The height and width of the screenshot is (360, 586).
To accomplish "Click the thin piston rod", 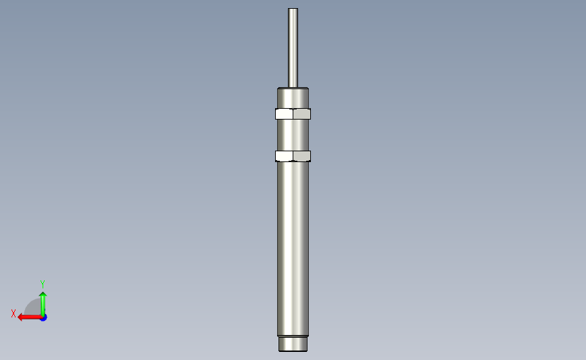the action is click(x=293, y=48).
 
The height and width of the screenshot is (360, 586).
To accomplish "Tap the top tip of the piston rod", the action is click(x=293, y=8).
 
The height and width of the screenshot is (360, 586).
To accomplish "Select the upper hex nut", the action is click(x=293, y=114).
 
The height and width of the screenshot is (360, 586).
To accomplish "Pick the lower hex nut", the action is click(x=293, y=156).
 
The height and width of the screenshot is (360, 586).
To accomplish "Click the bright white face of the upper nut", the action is click(x=285, y=114).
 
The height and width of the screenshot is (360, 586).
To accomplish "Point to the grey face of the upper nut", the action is click(x=302, y=114).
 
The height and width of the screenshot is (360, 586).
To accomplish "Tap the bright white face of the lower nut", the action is click(x=285, y=156).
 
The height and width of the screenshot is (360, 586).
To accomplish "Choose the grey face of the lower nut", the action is click(x=302, y=156).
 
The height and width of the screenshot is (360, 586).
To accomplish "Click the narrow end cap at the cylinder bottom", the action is click(x=293, y=344).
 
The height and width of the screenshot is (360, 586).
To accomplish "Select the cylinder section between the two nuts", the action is click(x=293, y=135).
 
